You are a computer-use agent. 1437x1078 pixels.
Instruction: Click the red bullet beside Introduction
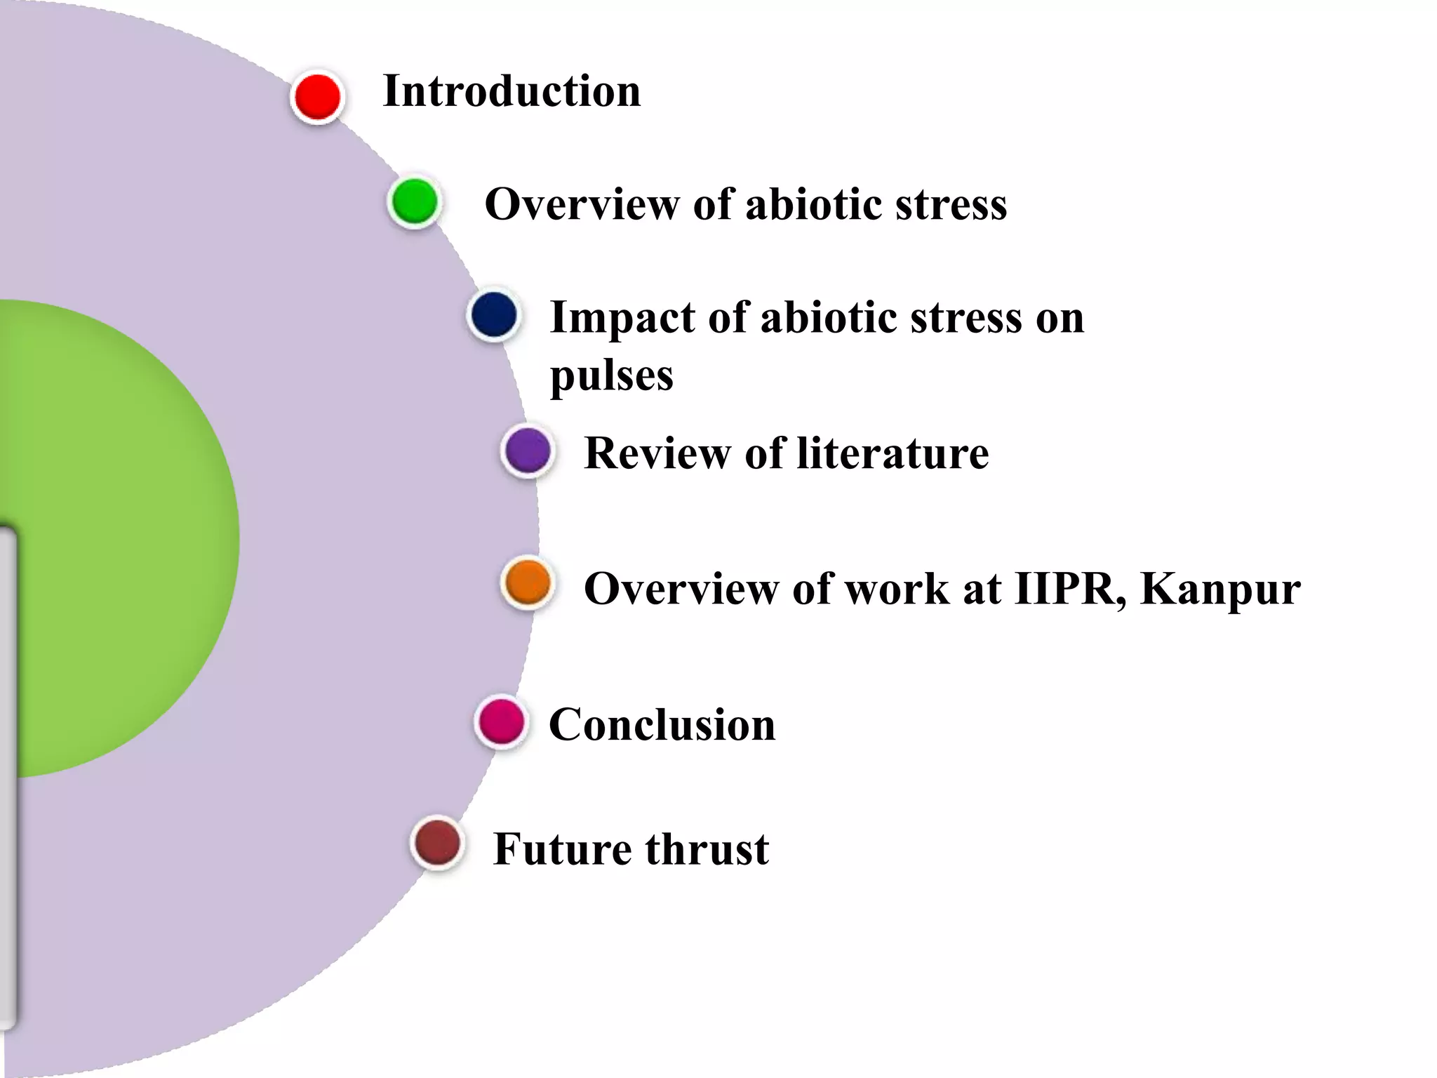pos(317,97)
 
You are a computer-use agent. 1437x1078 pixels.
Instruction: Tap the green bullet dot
pos(414,201)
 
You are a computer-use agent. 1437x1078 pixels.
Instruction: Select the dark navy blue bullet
pos(494,315)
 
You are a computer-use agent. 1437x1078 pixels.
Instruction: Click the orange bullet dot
pos(528,582)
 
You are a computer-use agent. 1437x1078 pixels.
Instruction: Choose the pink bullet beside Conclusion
pos(501,722)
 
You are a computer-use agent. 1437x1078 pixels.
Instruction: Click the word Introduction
pos(512,91)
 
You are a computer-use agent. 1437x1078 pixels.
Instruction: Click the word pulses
pos(611,376)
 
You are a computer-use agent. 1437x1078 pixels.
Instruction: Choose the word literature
pos(893,453)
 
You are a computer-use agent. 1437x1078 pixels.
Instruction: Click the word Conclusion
pos(662,724)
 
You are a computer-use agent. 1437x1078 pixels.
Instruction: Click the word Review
pos(657,453)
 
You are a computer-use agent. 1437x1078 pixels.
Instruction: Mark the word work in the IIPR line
pos(896,588)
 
